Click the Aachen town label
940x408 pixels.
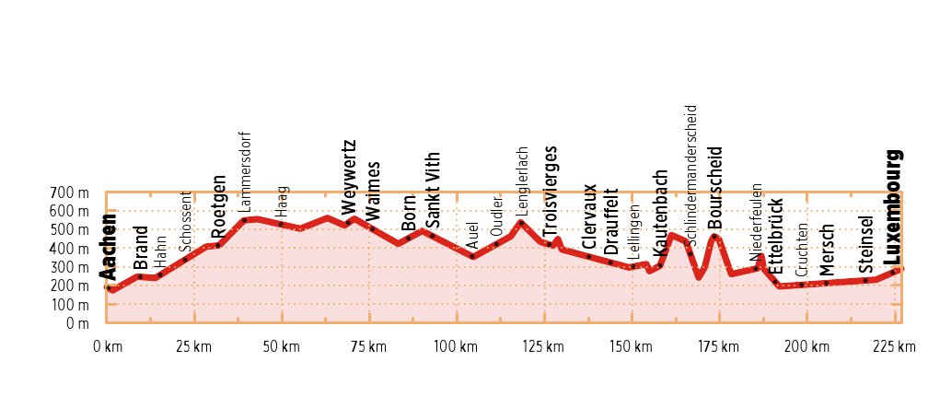click(x=109, y=247)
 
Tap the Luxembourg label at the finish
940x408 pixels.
click(x=893, y=207)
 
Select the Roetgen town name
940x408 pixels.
click(x=218, y=207)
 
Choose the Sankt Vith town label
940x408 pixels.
click(x=433, y=190)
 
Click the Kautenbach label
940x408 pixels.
click(x=659, y=213)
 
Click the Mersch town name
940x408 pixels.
click(x=826, y=248)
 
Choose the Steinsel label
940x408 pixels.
click(x=865, y=245)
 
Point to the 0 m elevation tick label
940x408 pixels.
click(x=77, y=324)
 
